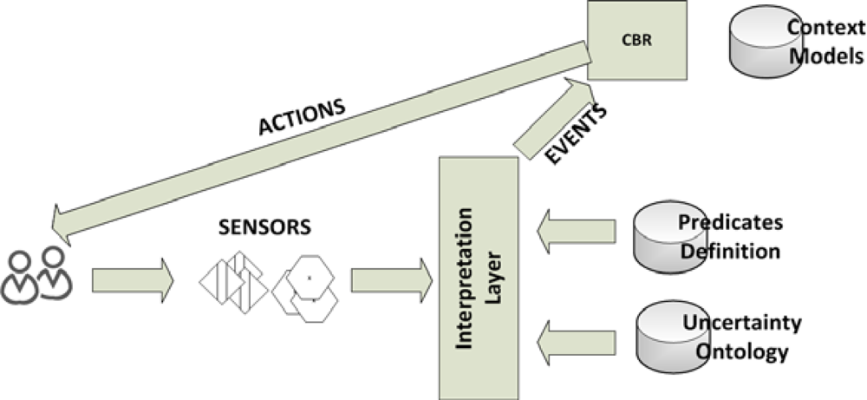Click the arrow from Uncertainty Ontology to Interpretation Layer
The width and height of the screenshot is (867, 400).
click(576, 336)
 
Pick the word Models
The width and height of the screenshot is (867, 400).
click(831, 57)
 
